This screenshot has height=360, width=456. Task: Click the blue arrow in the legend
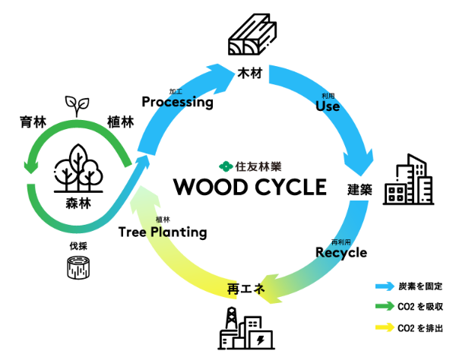pyautogui.click(x=385, y=286)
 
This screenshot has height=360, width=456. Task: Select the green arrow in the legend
pyautogui.click(x=385, y=306)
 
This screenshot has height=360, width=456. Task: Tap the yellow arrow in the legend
pyautogui.click(x=385, y=327)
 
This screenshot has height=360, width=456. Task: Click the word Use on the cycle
pyautogui.click(x=328, y=106)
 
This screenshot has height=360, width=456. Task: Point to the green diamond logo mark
pyautogui.click(x=226, y=166)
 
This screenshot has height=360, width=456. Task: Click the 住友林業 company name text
pyautogui.click(x=258, y=166)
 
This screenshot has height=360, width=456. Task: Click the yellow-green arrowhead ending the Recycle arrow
pyautogui.click(x=268, y=289)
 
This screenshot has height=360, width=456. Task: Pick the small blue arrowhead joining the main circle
pyautogui.click(x=143, y=161)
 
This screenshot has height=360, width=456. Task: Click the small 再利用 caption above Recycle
pyautogui.click(x=340, y=242)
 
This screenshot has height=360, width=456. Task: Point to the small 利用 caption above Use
pyautogui.click(x=328, y=96)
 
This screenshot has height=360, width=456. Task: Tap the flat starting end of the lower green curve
pyautogui.click(x=31, y=186)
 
